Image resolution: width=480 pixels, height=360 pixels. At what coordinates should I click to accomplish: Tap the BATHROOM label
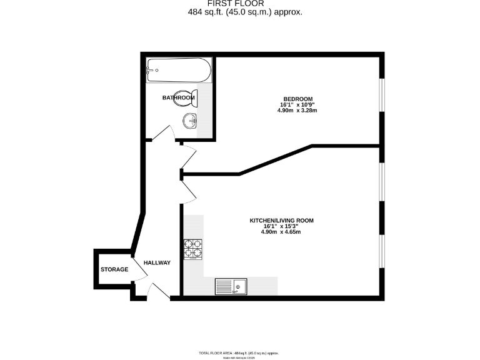pyautogui.click(x=178, y=97)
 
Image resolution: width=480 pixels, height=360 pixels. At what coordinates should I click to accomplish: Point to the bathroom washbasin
pyautogui.click(x=189, y=120)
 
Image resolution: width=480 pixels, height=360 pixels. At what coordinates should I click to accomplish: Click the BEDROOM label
pyautogui.click(x=297, y=99)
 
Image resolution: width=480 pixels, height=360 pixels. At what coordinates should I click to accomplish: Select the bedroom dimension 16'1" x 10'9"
pyautogui.click(x=297, y=105)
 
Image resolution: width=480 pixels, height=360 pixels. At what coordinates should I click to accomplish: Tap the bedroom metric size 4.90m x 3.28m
pyautogui.click(x=297, y=111)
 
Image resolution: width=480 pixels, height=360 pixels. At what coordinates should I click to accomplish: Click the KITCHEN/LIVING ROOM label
pyautogui.click(x=281, y=221)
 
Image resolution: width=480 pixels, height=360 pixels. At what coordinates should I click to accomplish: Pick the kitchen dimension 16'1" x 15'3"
pyautogui.click(x=281, y=226)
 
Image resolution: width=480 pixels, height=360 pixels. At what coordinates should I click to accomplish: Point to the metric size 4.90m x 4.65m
pyautogui.click(x=281, y=232)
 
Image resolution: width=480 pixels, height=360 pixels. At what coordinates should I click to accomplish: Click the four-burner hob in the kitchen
pyautogui.click(x=194, y=249)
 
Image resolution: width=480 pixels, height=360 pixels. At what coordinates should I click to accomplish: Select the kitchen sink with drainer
pyautogui.click(x=231, y=286)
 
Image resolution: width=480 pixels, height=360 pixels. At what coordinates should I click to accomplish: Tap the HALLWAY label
pyautogui.click(x=156, y=262)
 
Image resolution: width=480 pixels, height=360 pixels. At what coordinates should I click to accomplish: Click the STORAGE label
pyautogui.click(x=114, y=269)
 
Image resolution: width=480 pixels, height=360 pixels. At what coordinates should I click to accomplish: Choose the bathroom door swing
pyautogui.click(x=162, y=134)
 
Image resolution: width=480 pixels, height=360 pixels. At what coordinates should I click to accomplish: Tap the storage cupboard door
pyautogui.click(x=138, y=266)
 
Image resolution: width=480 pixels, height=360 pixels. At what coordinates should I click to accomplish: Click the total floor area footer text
pyautogui.click(x=239, y=353)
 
